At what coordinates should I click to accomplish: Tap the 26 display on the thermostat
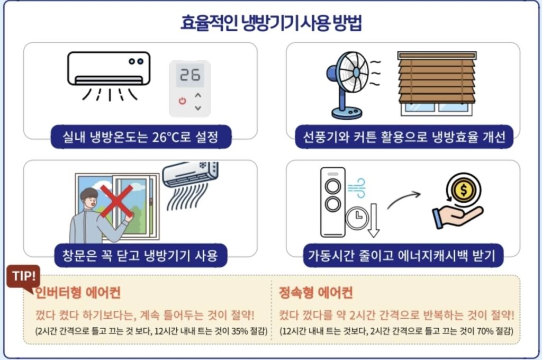189,75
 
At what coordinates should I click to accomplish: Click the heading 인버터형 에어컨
78,292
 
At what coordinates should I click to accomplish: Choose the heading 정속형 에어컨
315,292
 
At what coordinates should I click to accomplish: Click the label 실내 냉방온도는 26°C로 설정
141,137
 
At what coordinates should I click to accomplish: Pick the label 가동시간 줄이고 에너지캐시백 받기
402,256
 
